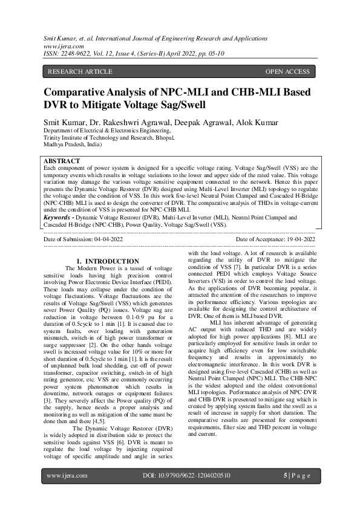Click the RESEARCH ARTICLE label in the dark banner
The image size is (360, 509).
click(x=80, y=72)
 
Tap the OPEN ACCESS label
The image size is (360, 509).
click(x=287, y=72)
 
